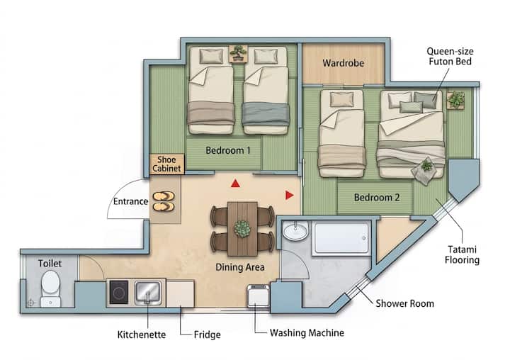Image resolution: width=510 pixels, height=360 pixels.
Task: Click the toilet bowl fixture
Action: [51, 288]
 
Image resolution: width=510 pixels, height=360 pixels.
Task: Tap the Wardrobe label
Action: [343, 63]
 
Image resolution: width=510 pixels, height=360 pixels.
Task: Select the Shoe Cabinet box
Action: [166, 164]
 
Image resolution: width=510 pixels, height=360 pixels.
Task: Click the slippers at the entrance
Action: [164, 201]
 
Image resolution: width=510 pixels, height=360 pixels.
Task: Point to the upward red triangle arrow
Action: [235, 184]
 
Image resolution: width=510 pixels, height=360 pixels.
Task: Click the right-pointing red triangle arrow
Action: [290, 195]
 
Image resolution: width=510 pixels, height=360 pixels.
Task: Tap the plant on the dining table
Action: [242, 228]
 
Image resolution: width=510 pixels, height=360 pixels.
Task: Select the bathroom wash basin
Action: [295, 231]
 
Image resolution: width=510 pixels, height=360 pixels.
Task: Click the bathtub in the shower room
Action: [341, 238]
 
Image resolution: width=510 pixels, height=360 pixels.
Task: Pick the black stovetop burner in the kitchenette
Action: [118, 292]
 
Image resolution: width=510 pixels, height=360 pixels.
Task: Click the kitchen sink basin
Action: [148, 292]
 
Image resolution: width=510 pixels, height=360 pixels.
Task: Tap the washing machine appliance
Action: [258, 296]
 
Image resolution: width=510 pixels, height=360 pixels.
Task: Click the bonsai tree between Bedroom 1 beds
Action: [239, 53]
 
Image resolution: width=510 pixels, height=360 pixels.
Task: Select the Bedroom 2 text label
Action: [377, 197]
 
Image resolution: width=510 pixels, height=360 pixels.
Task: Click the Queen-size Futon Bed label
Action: [450, 56]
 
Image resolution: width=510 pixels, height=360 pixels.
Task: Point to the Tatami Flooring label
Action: [462, 254]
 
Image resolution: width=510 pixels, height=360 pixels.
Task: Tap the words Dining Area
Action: [239, 267]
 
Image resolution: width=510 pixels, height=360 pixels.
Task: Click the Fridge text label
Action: [207, 334]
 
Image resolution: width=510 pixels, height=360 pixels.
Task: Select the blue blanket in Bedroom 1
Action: [266, 113]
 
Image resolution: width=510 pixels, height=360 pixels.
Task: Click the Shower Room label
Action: [404, 303]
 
